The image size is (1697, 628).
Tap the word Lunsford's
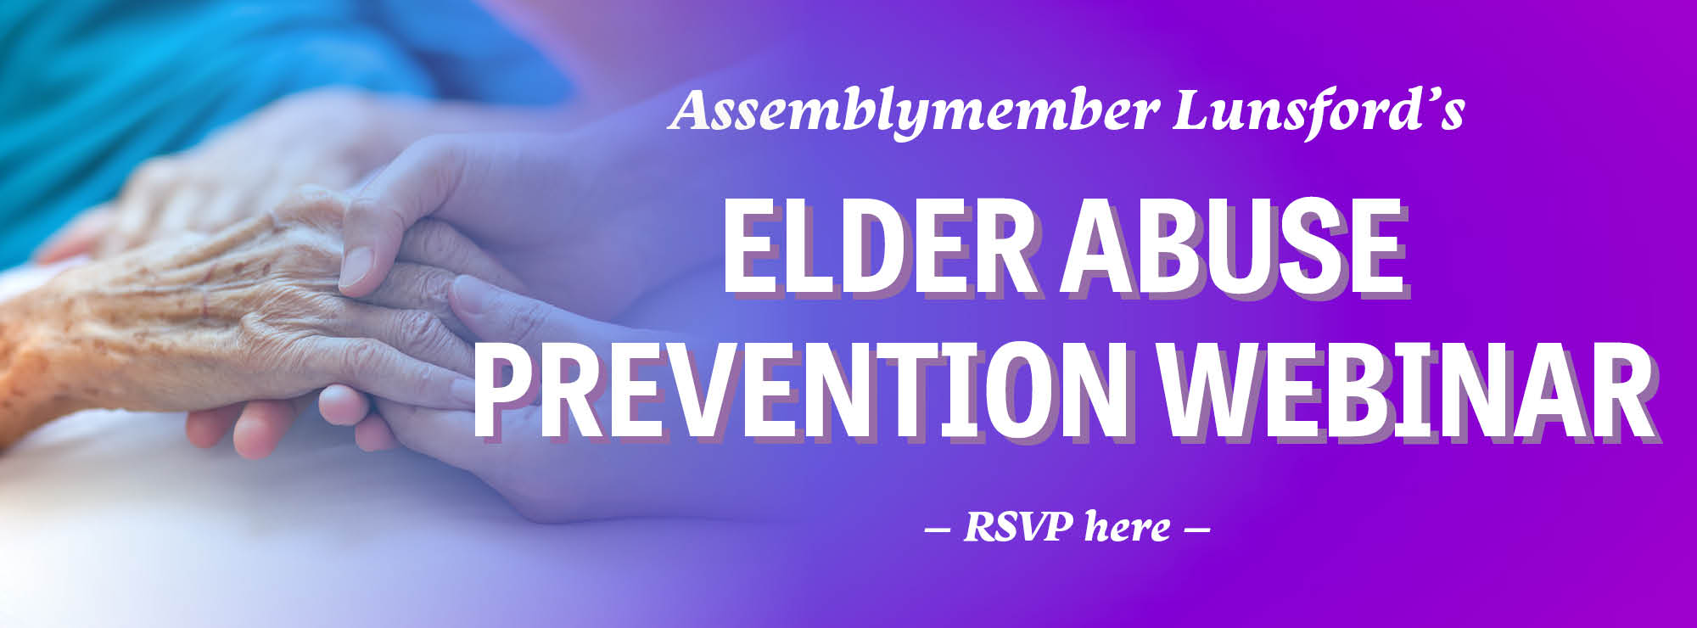tap(1319, 110)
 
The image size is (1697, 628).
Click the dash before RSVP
tap(937, 530)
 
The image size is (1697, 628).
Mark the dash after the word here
tap(1196, 530)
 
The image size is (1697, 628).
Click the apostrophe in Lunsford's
tap(1428, 96)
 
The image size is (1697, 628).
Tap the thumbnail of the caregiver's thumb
tap(356, 265)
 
